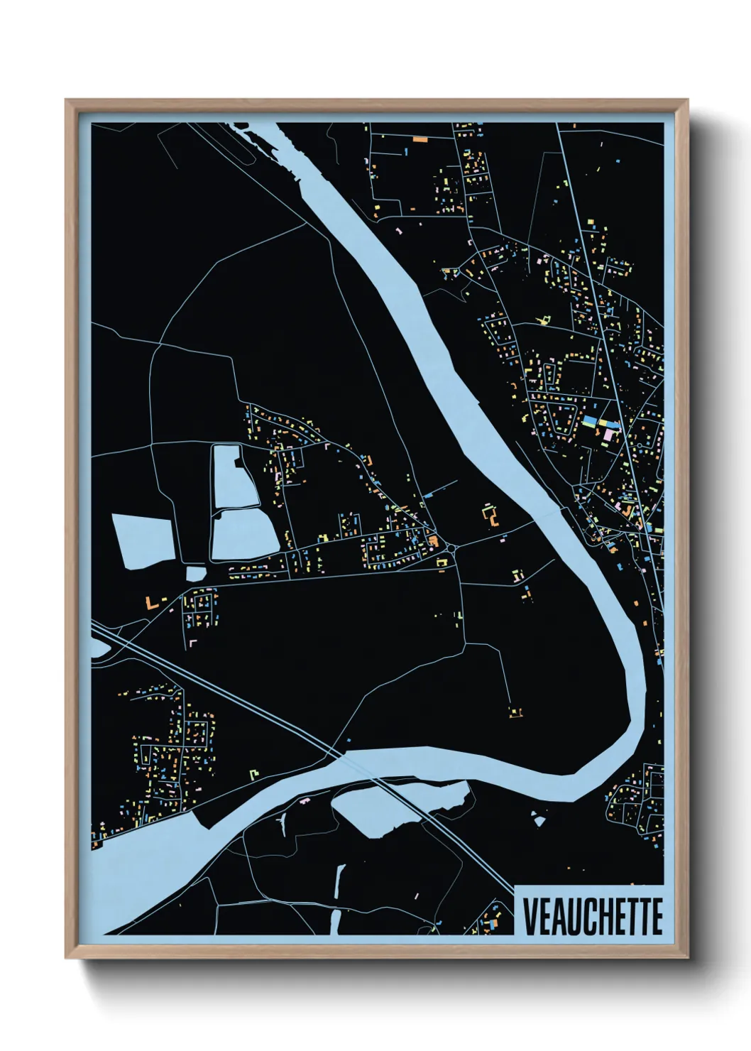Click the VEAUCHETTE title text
(592, 916)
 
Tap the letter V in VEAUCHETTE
(530, 916)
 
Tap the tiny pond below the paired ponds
(194, 573)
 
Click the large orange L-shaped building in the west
(150, 603)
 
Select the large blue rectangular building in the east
(588, 422)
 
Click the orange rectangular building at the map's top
(420, 140)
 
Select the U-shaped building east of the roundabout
(490, 514)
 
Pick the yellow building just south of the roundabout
(443, 562)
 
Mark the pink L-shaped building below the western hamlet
(192, 642)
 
